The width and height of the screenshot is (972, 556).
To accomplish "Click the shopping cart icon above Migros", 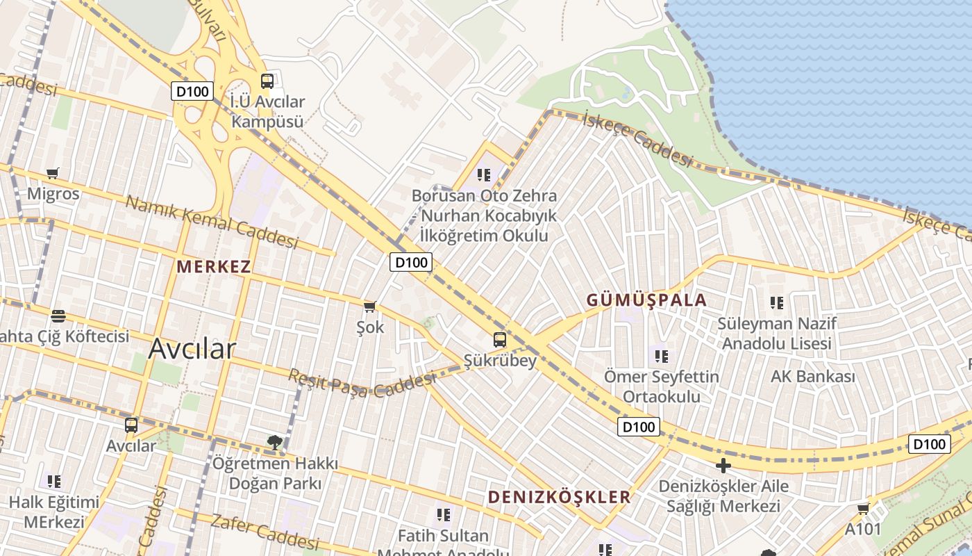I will [53, 173].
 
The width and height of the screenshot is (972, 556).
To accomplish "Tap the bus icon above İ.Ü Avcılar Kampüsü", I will [267, 81].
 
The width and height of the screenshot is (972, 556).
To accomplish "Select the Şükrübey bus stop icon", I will [500, 340].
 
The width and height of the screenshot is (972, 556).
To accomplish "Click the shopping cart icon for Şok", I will [370, 306].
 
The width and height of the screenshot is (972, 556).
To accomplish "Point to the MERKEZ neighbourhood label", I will [213, 266].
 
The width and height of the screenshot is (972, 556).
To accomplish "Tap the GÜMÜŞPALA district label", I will [646, 300].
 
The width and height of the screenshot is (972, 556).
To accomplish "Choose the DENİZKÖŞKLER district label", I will [559, 497].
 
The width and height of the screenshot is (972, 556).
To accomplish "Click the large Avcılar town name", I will [192, 348].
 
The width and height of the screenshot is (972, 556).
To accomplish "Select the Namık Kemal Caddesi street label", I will [212, 222].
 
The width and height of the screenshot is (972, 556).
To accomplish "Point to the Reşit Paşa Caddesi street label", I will [362, 383].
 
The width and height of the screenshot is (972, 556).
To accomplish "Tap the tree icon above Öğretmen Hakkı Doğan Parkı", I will [275, 441].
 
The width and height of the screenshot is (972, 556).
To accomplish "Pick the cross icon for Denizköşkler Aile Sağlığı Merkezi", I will [723, 466].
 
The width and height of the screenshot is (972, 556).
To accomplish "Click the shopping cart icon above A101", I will [863, 509].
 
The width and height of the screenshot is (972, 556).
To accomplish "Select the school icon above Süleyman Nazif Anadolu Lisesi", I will [776, 302].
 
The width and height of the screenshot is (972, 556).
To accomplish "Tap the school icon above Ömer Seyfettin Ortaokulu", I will [662, 356].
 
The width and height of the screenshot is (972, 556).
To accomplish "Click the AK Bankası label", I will [812, 377].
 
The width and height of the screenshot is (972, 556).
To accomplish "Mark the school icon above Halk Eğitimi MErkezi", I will [54, 481].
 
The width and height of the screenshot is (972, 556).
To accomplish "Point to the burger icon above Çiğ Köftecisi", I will [58, 316].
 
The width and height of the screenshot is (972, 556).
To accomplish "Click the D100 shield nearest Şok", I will [410, 262].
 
